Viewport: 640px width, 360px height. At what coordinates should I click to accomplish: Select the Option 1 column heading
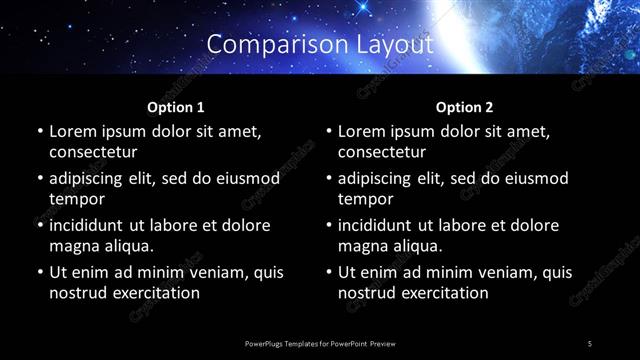(176, 106)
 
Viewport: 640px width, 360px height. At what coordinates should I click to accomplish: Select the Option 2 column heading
(464, 106)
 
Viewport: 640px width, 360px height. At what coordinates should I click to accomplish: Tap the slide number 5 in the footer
(590, 343)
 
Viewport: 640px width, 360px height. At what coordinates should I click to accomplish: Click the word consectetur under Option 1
(93, 152)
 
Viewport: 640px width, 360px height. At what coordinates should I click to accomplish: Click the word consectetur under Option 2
(382, 152)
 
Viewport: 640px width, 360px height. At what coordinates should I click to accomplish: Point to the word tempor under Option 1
(74, 198)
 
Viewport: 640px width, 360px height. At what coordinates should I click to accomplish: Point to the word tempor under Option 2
(363, 198)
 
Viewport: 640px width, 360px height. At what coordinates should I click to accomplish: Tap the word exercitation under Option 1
(155, 293)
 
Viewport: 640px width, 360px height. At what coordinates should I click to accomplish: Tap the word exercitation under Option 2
(444, 293)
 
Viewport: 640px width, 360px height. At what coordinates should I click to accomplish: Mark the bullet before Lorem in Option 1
(38, 131)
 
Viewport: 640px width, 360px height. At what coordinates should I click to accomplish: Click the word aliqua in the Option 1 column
(126, 245)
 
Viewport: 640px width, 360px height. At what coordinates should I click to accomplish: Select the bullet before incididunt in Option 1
(38, 225)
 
